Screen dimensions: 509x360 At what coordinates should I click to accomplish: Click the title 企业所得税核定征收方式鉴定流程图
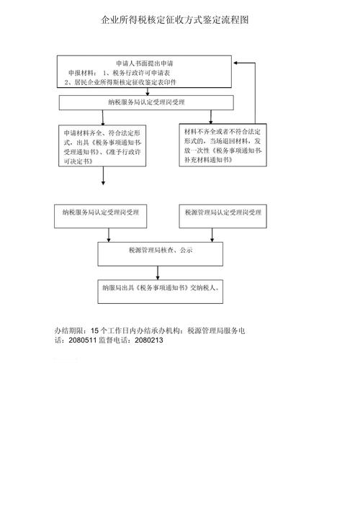tap(176, 21)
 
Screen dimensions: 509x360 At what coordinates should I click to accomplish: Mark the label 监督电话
tap(112, 341)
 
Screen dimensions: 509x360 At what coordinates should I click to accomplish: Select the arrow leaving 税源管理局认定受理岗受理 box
tap(212, 232)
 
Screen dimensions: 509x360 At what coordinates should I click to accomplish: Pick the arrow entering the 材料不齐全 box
tap(210, 117)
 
